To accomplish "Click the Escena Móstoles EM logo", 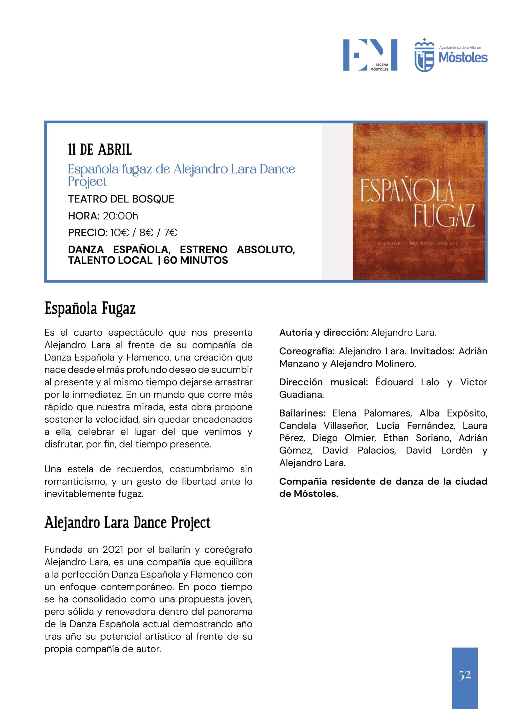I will coord(370,55).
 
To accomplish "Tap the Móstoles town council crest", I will coord(424,55).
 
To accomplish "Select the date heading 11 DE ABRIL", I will coord(100,150).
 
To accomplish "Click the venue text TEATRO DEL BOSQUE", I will coord(121,199).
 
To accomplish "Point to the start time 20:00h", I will coord(120,216).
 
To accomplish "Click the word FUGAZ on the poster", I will coord(444,216).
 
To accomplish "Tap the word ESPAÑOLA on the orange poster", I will coord(406,191).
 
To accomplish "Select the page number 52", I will coord(465,675).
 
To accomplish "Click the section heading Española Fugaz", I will coord(90,308).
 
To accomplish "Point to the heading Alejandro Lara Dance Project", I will coord(127,523).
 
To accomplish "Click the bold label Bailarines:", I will coord(302,413).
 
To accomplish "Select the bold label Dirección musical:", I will coord(323,382).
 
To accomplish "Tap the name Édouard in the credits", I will coord(394,382).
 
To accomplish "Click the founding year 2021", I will coord(113,550).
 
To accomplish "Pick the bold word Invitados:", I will coord(432,351).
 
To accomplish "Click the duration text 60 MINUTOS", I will coord(196,260).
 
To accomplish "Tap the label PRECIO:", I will coord(87,233).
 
